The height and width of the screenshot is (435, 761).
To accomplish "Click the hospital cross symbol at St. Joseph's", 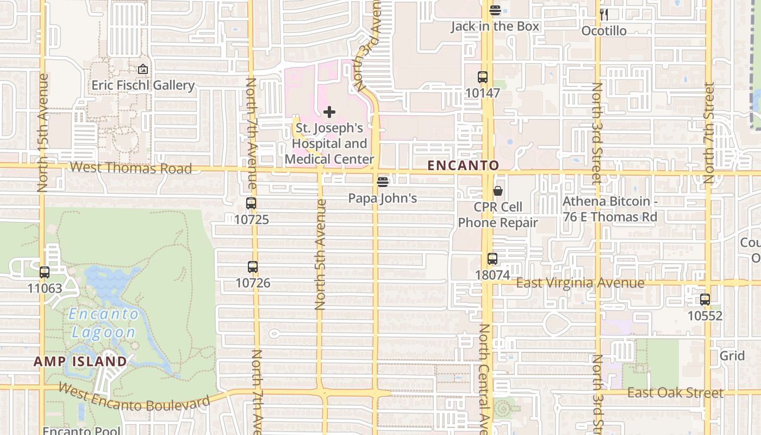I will click(x=329, y=112).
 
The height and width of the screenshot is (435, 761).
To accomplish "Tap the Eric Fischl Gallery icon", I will click(x=143, y=69).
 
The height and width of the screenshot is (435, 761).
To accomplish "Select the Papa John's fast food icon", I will click(x=383, y=182).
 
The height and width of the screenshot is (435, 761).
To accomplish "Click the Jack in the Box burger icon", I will click(x=495, y=10).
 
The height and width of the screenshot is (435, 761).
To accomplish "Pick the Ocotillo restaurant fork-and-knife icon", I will click(x=603, y=14).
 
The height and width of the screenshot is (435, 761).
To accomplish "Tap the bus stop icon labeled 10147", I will click(x=482, y=77).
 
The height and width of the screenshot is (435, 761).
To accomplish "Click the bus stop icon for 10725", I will click(x=251, y=203).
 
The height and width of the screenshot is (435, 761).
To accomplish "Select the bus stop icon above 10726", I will click(x=252, y=267).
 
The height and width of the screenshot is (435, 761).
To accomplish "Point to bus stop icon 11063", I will click(x=45, y=272).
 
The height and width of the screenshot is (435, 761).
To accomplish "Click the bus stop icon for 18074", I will click(x=492, y=259).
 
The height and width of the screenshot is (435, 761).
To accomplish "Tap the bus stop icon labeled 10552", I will click(x=705, y=299).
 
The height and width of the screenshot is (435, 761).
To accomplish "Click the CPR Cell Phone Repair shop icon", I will click(x=498, y=191).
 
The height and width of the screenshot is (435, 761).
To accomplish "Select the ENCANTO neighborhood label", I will click(x=463, y=165).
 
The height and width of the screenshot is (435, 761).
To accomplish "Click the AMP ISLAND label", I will click(x=80, y=361).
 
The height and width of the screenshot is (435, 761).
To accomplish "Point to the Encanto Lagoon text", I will click(x=103, y=323).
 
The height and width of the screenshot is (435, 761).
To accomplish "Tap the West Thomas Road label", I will click(x=131, y=167).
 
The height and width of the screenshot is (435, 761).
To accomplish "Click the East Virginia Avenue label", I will click(x=580, y=283).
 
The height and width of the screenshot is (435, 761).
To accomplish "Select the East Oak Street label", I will click(x=675, y=393).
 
